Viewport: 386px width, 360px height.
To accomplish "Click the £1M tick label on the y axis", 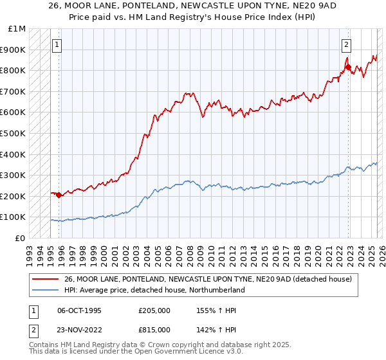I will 17,28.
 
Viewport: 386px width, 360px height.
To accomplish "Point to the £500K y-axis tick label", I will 13,133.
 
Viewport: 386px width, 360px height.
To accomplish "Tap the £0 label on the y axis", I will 21,238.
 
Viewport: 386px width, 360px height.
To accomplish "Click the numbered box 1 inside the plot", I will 57,45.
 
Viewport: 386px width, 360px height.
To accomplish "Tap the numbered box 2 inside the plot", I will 346,45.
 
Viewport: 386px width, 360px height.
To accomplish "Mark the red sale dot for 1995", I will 59,195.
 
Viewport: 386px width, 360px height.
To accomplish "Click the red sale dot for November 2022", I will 348,67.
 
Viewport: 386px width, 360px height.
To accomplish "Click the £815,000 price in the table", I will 154,329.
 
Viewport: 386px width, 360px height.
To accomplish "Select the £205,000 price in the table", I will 154,310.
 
